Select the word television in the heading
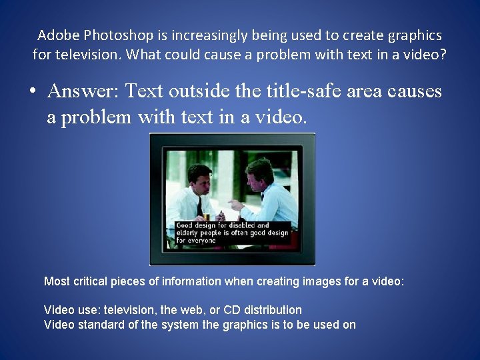pyautogui.click(x=91, y=54)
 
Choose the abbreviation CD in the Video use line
pyautogui.click(x=235, y=310)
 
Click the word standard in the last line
pyautogui.click(x=98, y=325)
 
